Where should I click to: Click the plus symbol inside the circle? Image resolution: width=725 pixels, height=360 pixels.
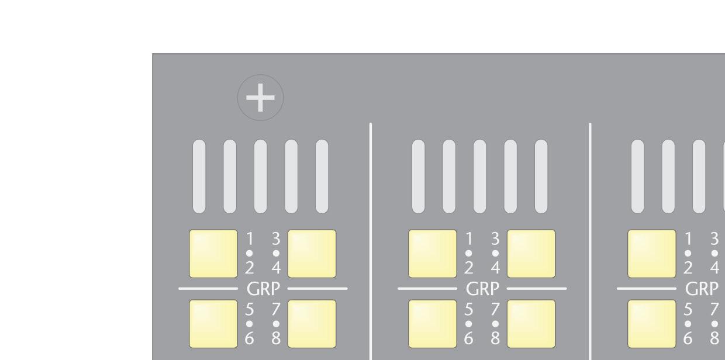click(x=260, y=98)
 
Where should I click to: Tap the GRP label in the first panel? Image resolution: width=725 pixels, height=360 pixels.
click(x=263, y=289)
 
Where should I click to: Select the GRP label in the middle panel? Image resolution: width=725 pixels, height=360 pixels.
click(x=482, y=289)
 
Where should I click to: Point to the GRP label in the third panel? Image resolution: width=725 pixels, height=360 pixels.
click(x=701, y=289)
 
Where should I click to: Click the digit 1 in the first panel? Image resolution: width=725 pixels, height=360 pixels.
click(x=249, y=239)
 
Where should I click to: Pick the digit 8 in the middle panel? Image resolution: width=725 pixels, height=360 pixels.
click(x=495, y=338)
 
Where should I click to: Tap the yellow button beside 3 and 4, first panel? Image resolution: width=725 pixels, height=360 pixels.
click(x=312, y=254)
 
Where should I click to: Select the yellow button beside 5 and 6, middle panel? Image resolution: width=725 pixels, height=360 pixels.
click(x=432, y=324)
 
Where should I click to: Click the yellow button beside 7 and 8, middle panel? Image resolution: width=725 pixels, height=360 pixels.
click(x=531, y=324)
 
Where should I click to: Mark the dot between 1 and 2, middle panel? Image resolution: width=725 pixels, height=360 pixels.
click(x=468, y=254)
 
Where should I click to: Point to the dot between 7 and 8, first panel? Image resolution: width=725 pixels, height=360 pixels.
click(x=276, y=323)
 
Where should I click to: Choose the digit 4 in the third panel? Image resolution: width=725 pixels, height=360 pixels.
click(x=714, y=268)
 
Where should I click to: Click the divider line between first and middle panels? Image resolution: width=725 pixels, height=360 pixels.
click(x=371, y=234)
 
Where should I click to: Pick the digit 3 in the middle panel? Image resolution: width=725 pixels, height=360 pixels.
click(x=495, y=239)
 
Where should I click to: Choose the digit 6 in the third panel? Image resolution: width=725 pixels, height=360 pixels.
click(x=688, y=338)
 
